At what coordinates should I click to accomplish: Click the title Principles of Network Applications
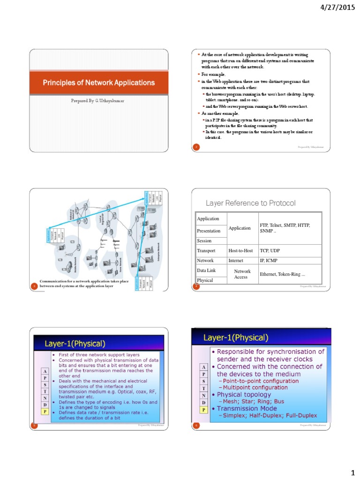(x=99, y=83)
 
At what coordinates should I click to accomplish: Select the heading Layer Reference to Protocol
(x=251, y=203)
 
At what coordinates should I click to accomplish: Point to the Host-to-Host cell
(x=240, y=251)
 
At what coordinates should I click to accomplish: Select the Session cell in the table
(x=204, y=241)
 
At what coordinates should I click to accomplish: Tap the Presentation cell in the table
(x=209, y=231)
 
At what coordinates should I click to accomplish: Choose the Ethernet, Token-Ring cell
(x=283, y=274)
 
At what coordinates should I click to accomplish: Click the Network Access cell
(x=242, y=274)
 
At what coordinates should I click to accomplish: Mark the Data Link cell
(x=205, y=270)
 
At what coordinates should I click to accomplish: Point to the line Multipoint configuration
(x=255, y=388)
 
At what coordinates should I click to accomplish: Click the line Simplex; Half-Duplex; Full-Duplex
(x=270, y=415)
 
